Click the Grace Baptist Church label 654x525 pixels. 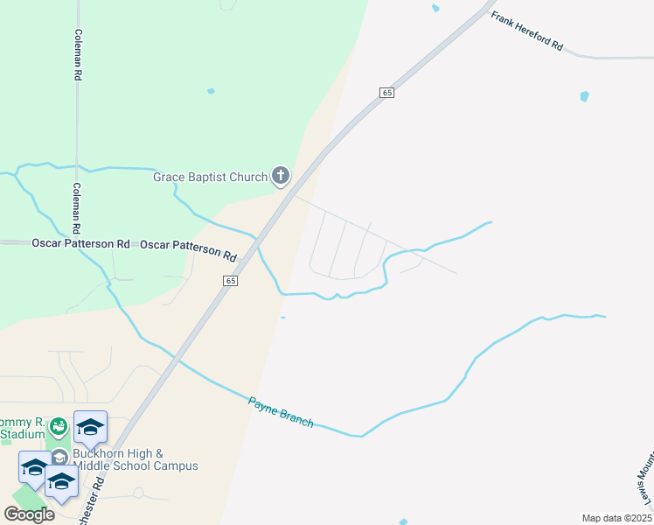click(x=210, y=178)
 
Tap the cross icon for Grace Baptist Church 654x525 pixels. click(x=281, y=177)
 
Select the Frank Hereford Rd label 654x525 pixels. click(x=526, y=31)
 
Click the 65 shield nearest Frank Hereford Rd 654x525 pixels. click(x=387, y=93)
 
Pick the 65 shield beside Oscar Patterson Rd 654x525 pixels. click(x=230, y=281)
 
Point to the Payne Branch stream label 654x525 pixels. click(x=281, y=412)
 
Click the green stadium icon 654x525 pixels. click(x=59, y=427)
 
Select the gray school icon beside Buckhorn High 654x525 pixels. click(x=59, y=457)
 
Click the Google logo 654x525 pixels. click(x=30, y=514)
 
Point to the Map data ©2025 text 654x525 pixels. click(x=616, y=518)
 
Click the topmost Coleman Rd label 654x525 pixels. click(x=78, y=55)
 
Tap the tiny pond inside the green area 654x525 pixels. click(x=210, y=91)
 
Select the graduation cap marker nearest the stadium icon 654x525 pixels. click(x=90, y=428)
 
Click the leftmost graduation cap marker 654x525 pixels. click(x=35, y=468)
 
